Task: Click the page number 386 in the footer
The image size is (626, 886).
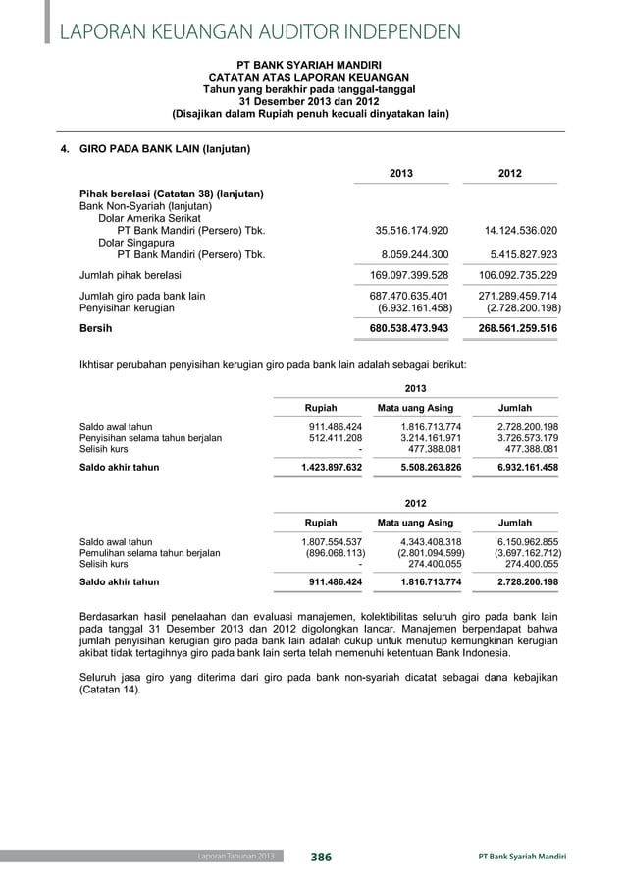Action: pos(321,858)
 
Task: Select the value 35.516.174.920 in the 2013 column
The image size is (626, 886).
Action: pos(412,231)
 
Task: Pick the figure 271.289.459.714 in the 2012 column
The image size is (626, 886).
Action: pos(517,296)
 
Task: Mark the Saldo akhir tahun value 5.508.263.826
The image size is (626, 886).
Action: pos(420,468)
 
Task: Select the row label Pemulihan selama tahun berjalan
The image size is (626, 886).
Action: pos(149,553)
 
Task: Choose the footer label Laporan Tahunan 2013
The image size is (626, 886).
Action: pos(230,858)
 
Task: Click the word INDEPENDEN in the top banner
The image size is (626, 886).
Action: pos(398,32)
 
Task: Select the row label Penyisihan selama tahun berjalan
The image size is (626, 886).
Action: pos(150,438)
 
